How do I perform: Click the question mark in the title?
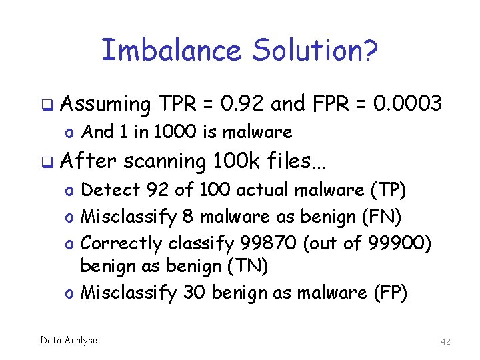371,51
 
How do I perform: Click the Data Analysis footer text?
70,340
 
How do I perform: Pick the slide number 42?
446,341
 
